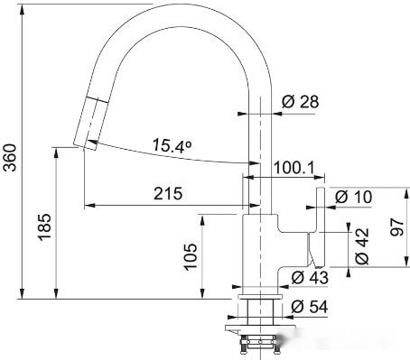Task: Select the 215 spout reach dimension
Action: click(x=167, y=193)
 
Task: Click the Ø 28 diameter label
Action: click(x=300, y=103)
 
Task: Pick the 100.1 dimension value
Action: click(x=293, y=168)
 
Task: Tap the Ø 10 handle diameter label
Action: click(x=354, y=197)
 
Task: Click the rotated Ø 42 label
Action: click(x=362, y=246)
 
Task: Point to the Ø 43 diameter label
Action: click(x=312, y=276)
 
